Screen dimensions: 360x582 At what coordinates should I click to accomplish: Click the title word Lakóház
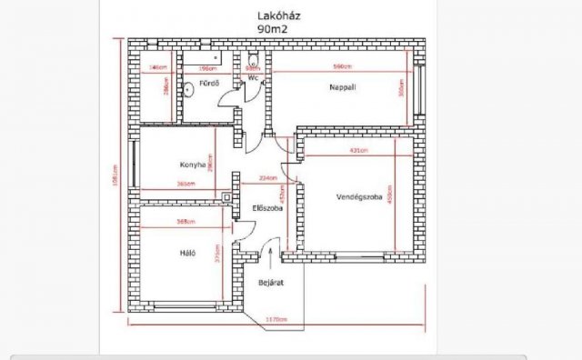coord(277,15)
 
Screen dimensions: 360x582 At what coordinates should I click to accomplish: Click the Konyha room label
coord(185,165)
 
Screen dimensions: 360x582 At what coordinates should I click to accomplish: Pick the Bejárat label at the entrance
coord(271,283)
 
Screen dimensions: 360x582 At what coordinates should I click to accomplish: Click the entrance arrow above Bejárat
coord(269,256)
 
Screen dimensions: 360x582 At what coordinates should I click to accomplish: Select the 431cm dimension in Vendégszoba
coord(357,150)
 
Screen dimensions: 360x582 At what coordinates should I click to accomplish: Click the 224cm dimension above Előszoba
coord(268,178)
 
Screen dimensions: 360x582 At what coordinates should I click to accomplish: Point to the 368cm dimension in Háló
coord(186,221)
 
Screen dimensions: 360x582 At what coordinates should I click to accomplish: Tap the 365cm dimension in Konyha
coord(186,184)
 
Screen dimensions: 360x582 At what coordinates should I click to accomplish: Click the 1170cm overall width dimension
coord(277,319)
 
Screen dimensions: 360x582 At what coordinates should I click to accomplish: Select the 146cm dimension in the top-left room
coord(157,68)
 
